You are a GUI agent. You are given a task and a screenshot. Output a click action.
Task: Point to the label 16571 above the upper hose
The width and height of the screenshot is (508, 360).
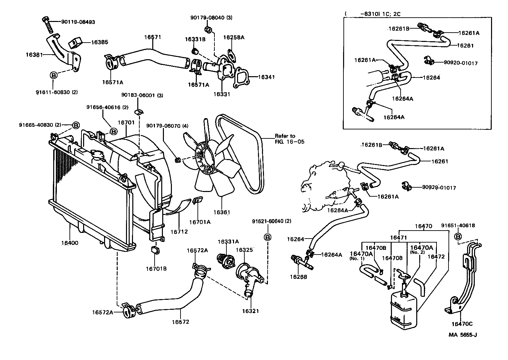pos(153,37)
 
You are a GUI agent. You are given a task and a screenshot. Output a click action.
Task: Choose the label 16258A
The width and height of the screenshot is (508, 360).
pos(234,37)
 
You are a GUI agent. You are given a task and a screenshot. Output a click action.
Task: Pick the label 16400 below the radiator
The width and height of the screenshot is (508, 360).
pos(70,243)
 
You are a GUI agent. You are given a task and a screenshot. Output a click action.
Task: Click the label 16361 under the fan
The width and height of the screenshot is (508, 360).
pos(222,212)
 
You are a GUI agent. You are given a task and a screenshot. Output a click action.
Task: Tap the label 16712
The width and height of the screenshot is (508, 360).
pos(179,232)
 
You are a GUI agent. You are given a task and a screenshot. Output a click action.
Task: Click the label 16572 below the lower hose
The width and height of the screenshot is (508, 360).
pos(181,322)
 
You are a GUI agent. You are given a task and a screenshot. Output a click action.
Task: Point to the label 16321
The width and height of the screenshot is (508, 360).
pos(250,311)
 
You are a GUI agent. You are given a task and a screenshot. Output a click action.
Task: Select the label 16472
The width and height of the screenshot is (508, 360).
pos(436,257)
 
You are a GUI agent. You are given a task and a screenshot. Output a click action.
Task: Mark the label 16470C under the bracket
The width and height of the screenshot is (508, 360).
pos(462,324)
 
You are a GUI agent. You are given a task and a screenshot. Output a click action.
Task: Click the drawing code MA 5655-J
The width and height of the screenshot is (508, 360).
pos(462,335)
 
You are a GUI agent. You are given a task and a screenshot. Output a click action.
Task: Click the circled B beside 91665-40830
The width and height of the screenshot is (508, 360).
pos(76,125)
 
